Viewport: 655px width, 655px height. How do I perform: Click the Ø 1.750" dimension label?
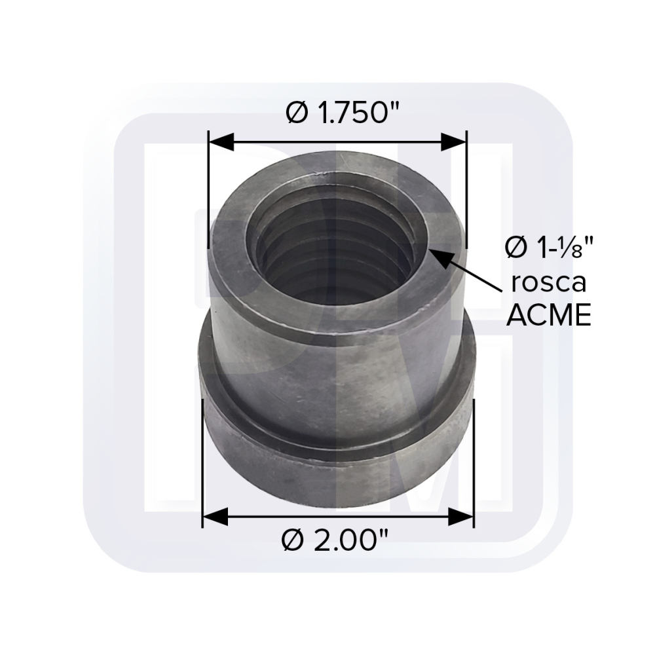click(x=343, y=113)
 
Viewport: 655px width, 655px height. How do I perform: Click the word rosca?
click(x=549, y=283)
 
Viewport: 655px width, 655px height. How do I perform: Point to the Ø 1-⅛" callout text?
click(x=549, y=248)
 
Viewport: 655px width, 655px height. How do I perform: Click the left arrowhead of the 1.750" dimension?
click(x=221, y=142)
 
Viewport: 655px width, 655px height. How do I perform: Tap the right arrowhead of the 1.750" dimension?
click(x=454, y=142)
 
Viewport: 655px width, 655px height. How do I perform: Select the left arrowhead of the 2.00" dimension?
click(x=215, y=517)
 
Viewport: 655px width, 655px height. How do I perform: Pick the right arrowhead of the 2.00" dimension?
click(x=460, y=517)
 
